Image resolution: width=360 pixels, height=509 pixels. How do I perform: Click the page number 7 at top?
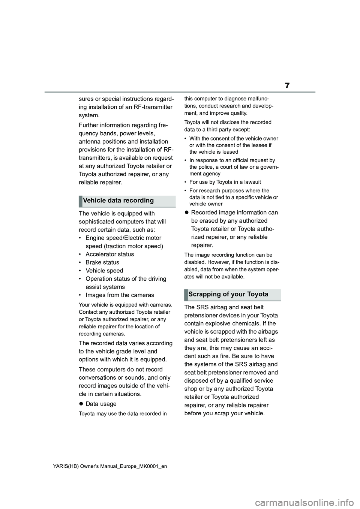pyautogui.click(x=287, y=85)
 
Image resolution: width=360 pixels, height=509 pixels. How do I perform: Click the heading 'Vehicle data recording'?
pyautogui.click(x=118, y=201)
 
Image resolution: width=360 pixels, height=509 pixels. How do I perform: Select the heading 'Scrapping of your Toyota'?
pyautogui.click(x=228, y=294)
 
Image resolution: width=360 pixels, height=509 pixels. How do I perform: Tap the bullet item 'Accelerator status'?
pyautogui.click(x=109, y=254)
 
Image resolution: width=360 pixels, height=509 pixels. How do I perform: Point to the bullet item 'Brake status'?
pyautogui.click(x=102, y=262)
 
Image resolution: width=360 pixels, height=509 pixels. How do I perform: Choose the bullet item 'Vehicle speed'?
pyautogui.click(x=104, y=271)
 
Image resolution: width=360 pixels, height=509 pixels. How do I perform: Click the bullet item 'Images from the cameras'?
pyautogui.click(x=120, y=295)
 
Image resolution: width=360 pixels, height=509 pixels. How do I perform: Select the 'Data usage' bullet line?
pyautogui.click(x=101, y=404)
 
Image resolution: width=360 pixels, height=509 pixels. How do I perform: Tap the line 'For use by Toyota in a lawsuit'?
pyautogui.click(x=225, y=182)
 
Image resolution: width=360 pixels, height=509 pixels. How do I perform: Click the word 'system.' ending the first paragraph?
pyautogui.click(x=89, y=115)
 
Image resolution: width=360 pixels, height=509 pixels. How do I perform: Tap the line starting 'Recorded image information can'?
pyautogui.click(x=234, y=213)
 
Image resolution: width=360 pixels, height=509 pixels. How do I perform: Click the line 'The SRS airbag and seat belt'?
pyautogui.click(x=224, y=307)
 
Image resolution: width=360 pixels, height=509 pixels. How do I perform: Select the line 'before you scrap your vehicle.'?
pyautogui.click(x=224, y=413)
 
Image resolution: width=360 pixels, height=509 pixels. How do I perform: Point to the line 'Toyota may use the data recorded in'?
pyautogui.click(x=123, y=414)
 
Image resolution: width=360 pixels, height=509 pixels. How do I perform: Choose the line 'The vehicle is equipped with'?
pyautogui.click(x=117, y=214)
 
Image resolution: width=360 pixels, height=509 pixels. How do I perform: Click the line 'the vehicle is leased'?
pyautogui.click(x=214, y=152)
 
